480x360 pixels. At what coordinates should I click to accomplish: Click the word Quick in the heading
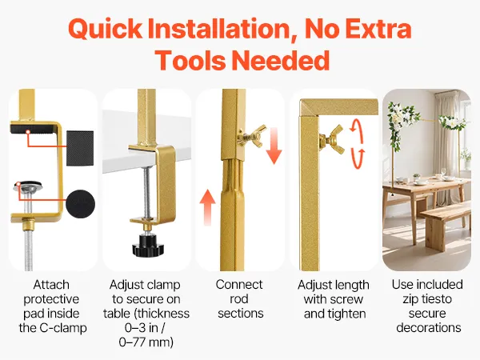[x=105, y=30]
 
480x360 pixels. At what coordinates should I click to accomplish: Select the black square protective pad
[x=80, y=149]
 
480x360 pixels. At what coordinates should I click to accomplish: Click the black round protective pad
[x=80, y=204]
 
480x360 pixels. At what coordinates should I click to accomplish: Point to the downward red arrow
[x=274, y=146]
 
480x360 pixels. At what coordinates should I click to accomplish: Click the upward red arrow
[x=207, y=207]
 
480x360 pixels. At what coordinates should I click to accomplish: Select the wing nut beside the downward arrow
[x=251, y=137]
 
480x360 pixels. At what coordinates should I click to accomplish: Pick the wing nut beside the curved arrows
[x=332, y=139]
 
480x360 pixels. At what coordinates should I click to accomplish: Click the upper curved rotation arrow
[x=358, y=130]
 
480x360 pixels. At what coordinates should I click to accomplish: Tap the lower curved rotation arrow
[x=358, y=158]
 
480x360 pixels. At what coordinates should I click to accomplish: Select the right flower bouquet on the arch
[x=453, y=122]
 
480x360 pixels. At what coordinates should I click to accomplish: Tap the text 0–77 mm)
[x=146, y=342]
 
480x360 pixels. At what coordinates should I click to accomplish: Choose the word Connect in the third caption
[x=239, y=285]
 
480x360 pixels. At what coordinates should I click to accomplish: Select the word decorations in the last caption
[x=429, y=327]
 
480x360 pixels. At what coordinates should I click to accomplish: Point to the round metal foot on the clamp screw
[x=28, y=186]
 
